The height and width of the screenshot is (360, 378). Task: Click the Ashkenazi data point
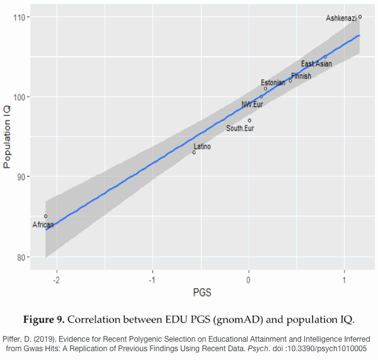(x=360, y=17)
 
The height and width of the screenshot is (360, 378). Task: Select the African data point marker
(x=45, y=216)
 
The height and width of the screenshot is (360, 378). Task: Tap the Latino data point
(x=194, y=152)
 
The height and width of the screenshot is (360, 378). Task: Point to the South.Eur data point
(x=249, y=120)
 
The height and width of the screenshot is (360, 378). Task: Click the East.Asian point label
(x=316, y=64)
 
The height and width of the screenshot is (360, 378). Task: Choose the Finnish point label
(x=301, y=76)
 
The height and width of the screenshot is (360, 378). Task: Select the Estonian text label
(x=273, y=83)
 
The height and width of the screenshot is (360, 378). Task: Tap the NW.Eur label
(x=252, y=105)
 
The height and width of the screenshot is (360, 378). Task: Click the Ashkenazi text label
(x=341, y=18)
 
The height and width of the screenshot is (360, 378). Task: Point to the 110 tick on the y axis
(x=18, y=17)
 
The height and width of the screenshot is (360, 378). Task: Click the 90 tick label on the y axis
(x=20, y=177)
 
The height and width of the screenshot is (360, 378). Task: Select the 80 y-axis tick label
(x=20, y=257)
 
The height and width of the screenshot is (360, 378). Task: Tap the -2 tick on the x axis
(x=57, y=280)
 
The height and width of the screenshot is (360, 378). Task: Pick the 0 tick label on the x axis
(x=249, y=280)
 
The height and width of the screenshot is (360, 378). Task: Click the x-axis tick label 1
(x=345, y=280)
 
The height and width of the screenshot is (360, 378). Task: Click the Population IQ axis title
(x=8, y=137)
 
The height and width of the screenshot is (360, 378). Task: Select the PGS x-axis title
(x=202, y=293)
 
